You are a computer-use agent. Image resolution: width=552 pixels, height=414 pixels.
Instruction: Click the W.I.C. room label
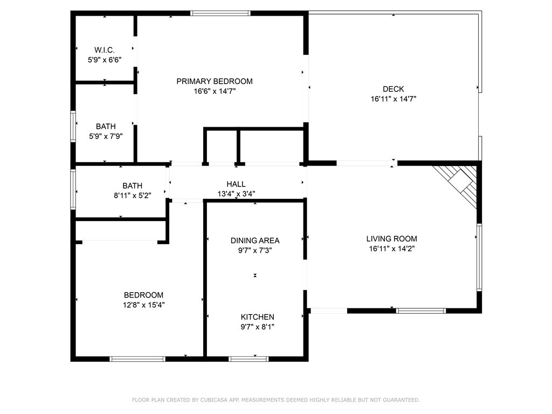click(x=104, y=50)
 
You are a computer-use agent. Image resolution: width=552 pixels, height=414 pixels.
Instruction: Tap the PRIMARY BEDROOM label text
click(x=215, y=81)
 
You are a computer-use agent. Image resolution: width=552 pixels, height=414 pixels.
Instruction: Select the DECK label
click(x=393, y=89)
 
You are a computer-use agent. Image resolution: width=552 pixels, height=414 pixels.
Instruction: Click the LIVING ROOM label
click(x=391, y=239)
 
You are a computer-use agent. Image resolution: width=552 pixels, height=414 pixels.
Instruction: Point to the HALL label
click(x=236, y=184)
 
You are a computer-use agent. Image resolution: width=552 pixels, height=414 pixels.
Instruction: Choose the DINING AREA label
click(x=255, y=240)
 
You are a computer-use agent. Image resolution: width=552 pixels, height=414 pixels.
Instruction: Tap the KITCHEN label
click(x=257, y=317)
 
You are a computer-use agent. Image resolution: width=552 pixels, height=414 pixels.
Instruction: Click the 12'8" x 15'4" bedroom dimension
click(x=143, y=305)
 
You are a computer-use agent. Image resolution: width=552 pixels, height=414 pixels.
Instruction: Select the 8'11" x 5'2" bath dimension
click(x=133, y=195)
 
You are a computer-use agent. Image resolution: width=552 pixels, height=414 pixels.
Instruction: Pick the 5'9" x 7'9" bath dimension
click(x=106, y=136)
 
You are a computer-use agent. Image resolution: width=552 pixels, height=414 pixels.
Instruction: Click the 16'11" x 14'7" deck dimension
click(x=393, y=99)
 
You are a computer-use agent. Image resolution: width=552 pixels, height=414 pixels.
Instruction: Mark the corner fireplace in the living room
click(x=457, y=185)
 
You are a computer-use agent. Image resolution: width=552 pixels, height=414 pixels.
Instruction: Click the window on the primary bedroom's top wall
click(x=220, y=13)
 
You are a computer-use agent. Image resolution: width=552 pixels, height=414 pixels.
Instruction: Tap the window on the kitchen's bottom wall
click(x=249, y=359)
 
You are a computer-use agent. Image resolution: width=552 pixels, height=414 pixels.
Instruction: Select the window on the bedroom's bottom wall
click(x=137, y=359)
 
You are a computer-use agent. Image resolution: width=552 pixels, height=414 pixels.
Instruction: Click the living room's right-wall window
click(x=479, y=257)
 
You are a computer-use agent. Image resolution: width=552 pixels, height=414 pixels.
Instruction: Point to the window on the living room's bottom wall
click(x=421, y=311)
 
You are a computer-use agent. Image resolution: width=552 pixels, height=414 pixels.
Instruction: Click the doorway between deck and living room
click(x=367, y=163)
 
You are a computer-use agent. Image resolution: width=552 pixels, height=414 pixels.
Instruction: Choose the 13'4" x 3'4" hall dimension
click(x=236, y=194)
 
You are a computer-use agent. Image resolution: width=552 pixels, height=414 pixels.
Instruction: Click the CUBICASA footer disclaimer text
click(x=276, y=400)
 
